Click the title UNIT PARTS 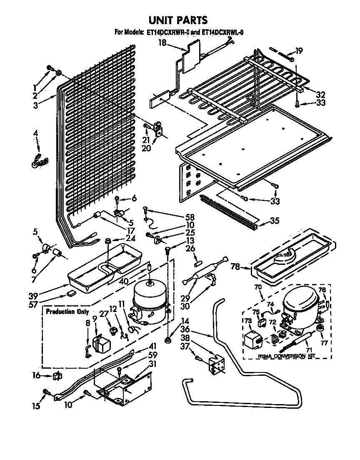coord(178,20)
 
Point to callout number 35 coord(275,221)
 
